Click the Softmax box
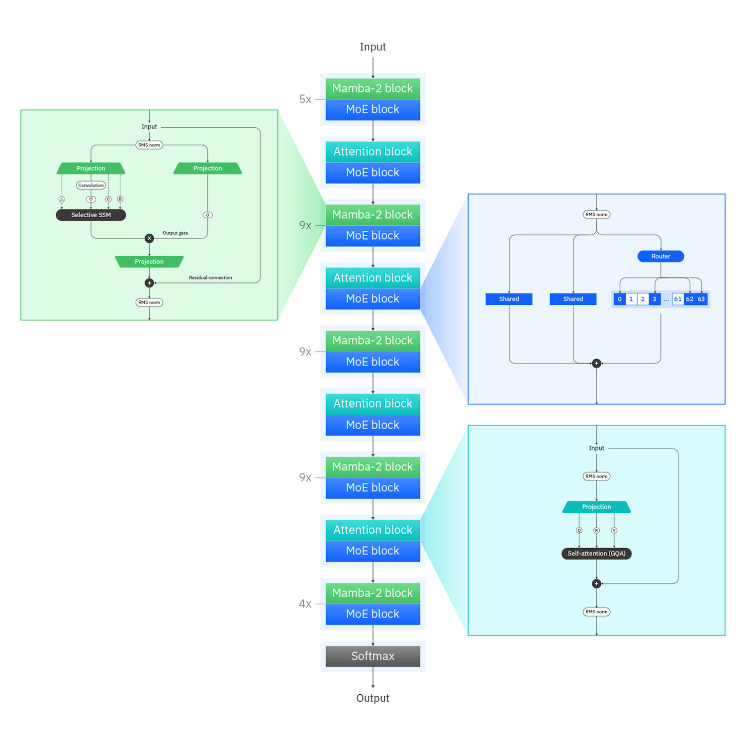click(373, 656)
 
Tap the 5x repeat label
click(305, 99)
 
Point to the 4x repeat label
click(305, 604)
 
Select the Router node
click(660, 256)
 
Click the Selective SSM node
click(91, 215)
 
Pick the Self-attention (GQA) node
click(596, 554)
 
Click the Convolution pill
click(91, 185)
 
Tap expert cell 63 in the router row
click(701, 299)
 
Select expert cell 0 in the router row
click(619, 299)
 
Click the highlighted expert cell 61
click(678, 299)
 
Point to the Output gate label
click(175, 233)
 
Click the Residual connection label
click(210, 278)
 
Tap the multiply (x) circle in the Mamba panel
click(149, 238)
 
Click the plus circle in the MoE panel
click(596, 363)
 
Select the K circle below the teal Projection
click(596, 530)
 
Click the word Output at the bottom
click(373, 698)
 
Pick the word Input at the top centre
click(373, 47)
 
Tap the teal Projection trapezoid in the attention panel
click(596, 507)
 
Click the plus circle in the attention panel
click(596, 583)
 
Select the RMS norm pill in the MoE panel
click(596, 214)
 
